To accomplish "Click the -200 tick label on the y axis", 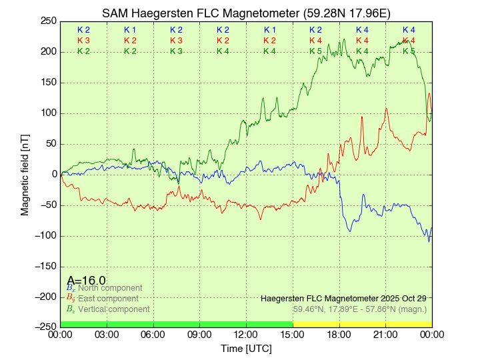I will [x=46, y=297].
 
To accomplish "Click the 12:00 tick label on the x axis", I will [x=246, y=333].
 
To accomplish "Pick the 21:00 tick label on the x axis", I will [x=385, y=333].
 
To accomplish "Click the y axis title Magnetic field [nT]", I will [x=25, y=174].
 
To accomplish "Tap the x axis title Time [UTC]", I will [x=246, y=348].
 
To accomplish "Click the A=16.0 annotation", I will [x=86, y=281].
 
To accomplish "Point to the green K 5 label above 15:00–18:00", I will [x=315, y=51].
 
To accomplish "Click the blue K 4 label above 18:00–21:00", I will [x=362, y=30].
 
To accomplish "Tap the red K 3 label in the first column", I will [x=83, y=41].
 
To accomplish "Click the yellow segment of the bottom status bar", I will [x=362, y=324].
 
